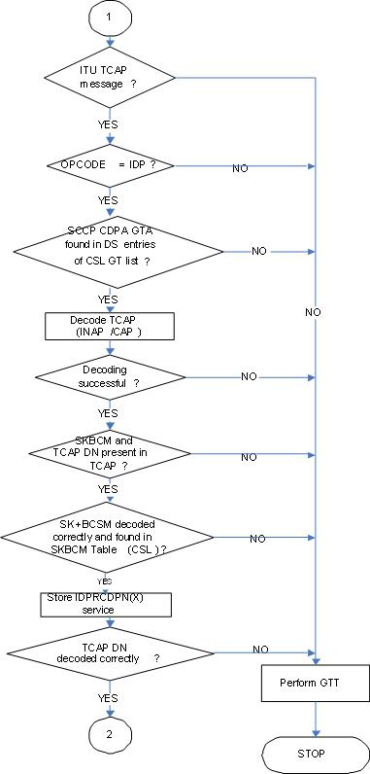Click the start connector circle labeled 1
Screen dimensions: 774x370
click(109, 18)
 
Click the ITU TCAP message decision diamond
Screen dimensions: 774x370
click(109, 78)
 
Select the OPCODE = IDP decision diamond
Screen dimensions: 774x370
click(109, 166)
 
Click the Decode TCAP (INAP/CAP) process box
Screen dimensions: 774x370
click(109, 326)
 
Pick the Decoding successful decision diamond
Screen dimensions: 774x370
click(109, 377)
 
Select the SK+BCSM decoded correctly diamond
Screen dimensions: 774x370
click(109, 537)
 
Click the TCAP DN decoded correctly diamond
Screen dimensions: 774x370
click(109, 651)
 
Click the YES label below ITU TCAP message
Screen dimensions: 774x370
click(109, 124)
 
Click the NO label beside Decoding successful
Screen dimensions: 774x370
click(250, 376)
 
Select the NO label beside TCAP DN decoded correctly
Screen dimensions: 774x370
click(260, 649)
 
